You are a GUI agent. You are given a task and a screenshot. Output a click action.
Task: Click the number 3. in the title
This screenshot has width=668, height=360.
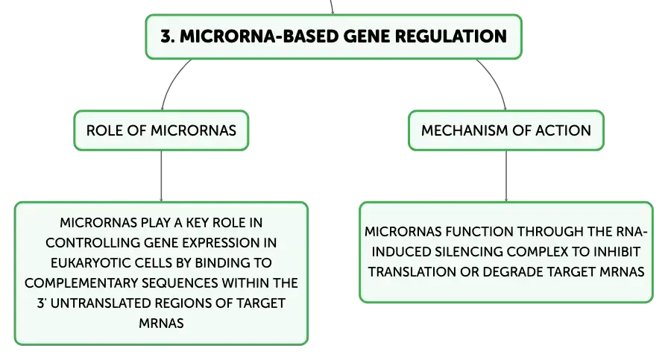(168, 37)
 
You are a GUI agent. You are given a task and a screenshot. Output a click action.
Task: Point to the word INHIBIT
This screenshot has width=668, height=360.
(617, 252)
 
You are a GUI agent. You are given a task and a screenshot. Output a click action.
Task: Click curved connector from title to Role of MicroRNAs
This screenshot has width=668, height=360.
(171, 81)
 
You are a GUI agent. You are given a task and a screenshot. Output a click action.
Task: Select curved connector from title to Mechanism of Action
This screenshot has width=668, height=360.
(496, 81)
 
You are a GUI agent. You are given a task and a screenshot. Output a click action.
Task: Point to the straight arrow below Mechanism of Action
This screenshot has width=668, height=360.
(506, 176)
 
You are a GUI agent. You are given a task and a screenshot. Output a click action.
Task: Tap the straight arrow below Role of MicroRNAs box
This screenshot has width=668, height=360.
(161, 176)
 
